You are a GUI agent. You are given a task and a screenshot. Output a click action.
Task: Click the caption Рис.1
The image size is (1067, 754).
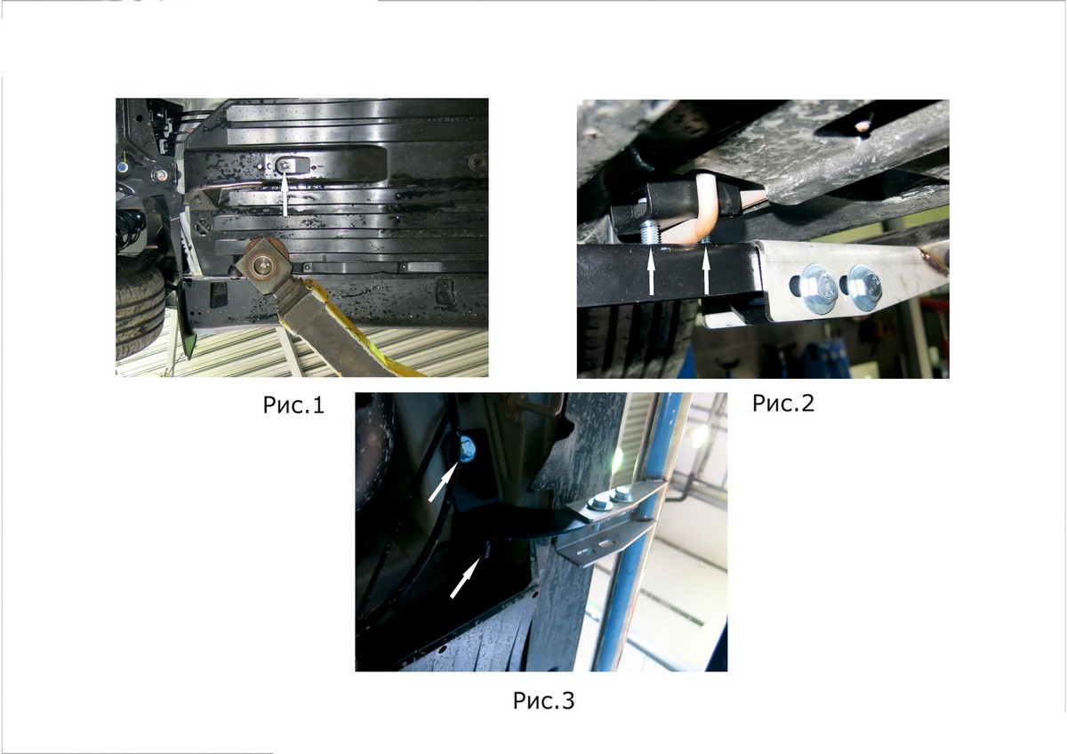(x=293, y=405)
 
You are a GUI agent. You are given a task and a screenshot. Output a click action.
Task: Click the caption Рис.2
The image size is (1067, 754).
(x=783, y=403)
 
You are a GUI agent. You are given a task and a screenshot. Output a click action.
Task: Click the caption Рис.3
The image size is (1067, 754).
(x=543, y=701)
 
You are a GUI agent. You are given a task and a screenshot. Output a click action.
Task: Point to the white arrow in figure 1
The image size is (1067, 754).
(x=285, y=196)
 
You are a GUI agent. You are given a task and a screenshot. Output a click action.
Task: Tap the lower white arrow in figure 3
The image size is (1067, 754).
(x=465, y=577)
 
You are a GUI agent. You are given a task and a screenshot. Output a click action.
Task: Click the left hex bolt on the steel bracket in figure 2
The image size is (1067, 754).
(x=819, y=290)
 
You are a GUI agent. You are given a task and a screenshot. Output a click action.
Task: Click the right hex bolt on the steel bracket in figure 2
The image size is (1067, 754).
(x=864, y=287)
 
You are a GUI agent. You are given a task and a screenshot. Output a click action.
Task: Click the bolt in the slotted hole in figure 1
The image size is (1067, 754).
(x=285, y=165)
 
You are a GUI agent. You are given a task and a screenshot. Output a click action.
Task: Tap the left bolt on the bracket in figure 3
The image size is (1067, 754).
(x=599, y=503)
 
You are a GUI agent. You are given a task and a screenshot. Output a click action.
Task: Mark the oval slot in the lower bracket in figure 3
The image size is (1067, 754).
(x=608, y=542)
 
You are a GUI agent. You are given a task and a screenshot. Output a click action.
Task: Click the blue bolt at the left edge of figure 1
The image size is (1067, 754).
(x=123, y=168)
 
